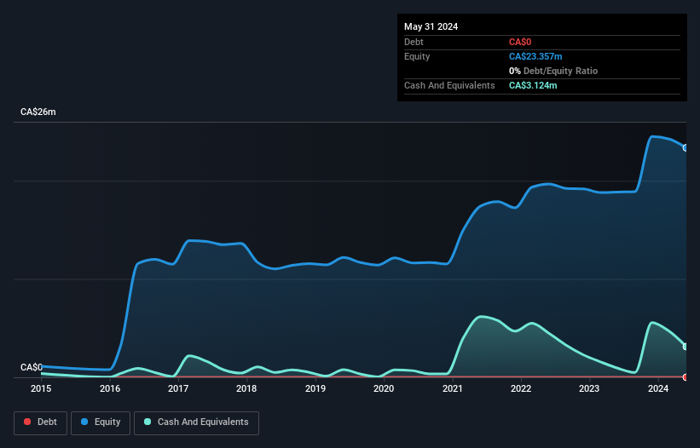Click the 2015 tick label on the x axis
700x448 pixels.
point(41,389)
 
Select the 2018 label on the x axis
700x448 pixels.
point(246,389)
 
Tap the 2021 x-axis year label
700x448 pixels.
point(452,389)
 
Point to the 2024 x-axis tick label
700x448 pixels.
point(657,389)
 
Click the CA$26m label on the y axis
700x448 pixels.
point(38,112)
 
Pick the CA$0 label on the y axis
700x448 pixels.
point(32,367)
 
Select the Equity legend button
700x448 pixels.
point(101,422)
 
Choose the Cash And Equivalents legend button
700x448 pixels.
point(196,422)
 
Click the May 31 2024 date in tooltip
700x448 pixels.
point(431,26)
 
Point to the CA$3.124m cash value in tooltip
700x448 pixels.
point(533,85)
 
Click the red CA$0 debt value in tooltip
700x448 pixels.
point(521,42)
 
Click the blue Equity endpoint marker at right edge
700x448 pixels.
point(686,148)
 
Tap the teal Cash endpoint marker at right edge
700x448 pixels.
point(686,346)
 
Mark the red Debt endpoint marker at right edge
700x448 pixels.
point(686,376)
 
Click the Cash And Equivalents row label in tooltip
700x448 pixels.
point(449,85)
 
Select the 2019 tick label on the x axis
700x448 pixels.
point(315,389)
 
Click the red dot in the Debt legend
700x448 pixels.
point(28,422)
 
